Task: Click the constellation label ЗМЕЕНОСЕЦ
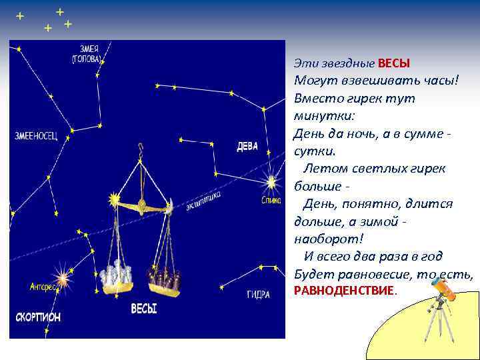[37, 136]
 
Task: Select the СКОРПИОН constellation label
[35, 317]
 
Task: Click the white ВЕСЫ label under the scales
[143, 309]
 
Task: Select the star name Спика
[271, 199]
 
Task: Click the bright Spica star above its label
[271, 181]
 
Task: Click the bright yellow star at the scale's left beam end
[113, 199]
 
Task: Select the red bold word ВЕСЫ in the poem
[393, 63]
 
